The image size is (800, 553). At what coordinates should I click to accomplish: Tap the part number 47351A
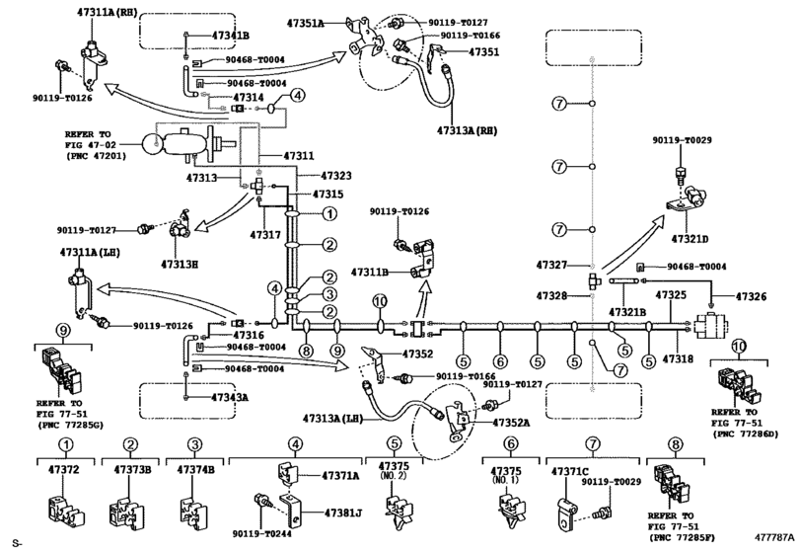point(328,17)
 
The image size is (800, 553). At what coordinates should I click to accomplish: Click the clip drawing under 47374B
point(193,508)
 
